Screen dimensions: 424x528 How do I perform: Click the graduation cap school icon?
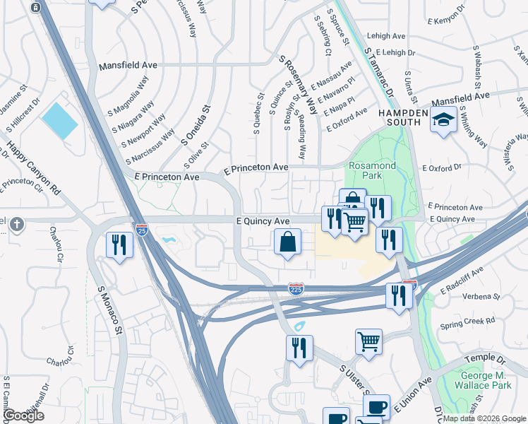444,121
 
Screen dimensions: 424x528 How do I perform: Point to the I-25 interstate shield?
140,229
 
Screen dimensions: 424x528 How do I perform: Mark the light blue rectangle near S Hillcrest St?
59,119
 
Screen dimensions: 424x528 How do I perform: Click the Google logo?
23,416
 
